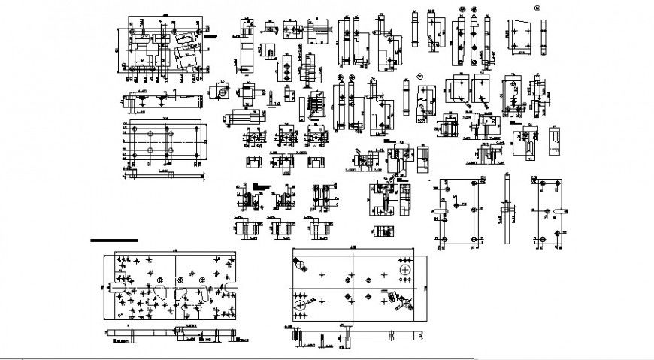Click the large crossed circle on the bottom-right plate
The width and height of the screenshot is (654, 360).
405,269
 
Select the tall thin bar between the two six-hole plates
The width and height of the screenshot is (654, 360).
509,203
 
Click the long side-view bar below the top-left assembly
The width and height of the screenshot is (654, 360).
162,100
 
